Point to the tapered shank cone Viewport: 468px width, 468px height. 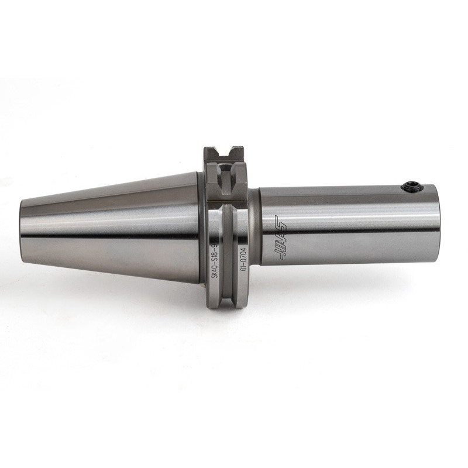coord(111,228)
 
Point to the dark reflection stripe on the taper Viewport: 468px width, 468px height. coord(111,236)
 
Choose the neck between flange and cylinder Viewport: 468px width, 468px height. coord(254,225)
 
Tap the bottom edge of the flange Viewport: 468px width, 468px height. coord(226,305)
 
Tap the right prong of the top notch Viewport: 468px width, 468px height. coord(237,153)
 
